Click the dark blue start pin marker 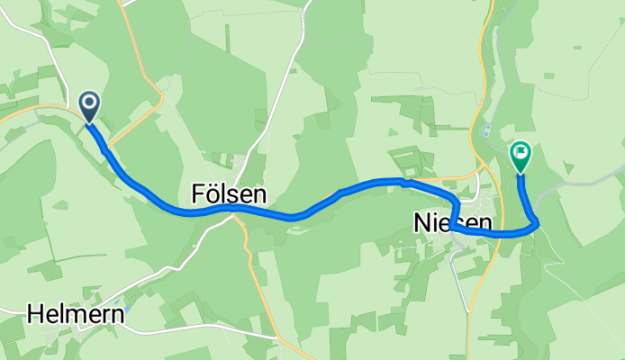point(90,105)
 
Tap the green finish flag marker point(521,155)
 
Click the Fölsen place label point(229,194)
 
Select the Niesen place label point(453,221)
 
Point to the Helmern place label point(76,314)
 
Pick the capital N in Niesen point(421,221)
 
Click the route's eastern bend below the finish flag point(536,221)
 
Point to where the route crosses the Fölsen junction point(231,207)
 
